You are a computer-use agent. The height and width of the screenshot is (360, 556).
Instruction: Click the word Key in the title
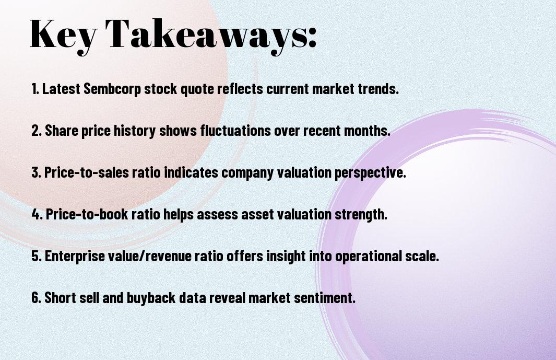click(x=63, y=35)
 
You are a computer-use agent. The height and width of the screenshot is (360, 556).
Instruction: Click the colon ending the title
click(x=312, y=38)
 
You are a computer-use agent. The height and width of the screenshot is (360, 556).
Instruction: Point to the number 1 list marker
click(x=35, y=89)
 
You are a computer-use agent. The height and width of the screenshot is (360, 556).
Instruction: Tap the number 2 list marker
click(x=37, y=131)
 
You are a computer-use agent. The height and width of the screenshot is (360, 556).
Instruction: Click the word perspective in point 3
click(x=370, y=173)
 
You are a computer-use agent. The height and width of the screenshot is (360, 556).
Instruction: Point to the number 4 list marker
click(x=37, y=214)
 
